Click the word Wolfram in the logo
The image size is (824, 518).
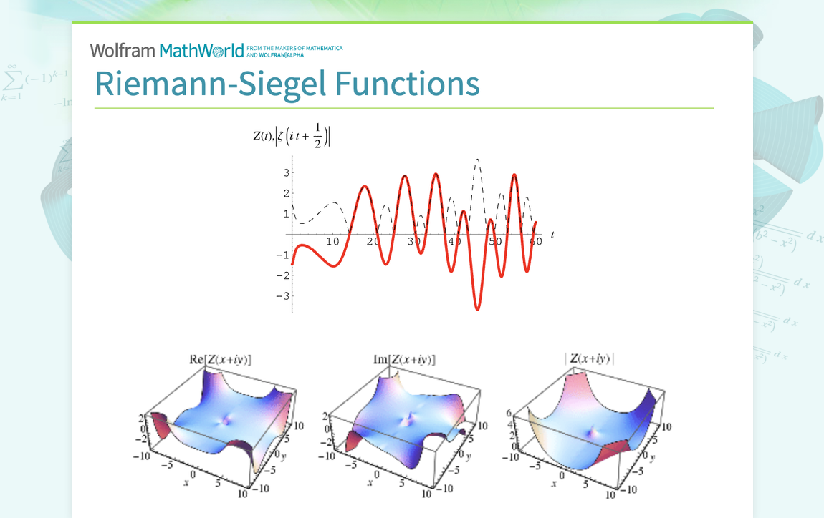[123, 50]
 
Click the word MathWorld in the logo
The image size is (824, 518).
[202, 50]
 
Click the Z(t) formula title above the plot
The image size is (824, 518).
[292, 137]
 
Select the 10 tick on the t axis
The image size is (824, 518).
[332, 242]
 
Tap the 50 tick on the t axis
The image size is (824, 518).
[495, 242]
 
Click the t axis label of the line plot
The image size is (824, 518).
[552, 234]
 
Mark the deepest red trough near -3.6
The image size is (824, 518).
[477, 308]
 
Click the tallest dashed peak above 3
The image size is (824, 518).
[477, 160]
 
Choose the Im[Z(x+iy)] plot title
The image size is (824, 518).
[404, 359]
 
